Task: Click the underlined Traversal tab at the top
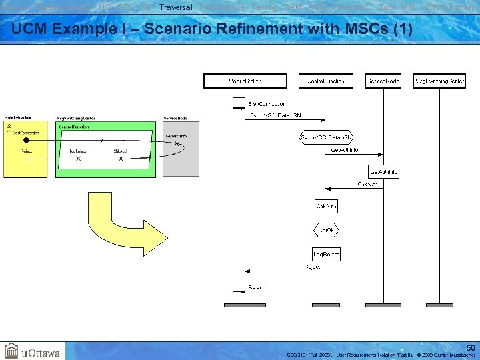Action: (176, 7)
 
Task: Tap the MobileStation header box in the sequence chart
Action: (245, 81)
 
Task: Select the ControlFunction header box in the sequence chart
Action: (326, 81)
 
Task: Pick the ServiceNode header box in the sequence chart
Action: (383, 81)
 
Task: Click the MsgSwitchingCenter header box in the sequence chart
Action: (439, 81)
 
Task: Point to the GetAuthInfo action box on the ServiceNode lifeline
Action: (383, 172)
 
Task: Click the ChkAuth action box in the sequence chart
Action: (326, 206)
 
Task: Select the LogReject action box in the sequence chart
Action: (326, 253)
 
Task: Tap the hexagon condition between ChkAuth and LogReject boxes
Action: (326, 230)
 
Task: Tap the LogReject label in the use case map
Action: (79, 151)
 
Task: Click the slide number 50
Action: (470, 347)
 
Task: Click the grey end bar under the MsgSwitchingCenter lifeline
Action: (439, 305)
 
